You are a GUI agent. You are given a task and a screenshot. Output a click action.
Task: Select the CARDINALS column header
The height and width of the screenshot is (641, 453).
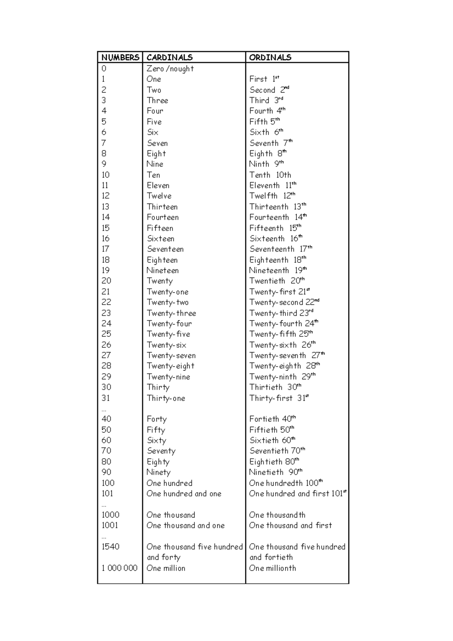coord(169,57)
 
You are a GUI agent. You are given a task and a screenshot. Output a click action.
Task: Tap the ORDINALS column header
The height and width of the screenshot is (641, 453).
coord(270,57)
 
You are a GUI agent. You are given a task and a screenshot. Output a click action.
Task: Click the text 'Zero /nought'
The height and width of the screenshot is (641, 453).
coord(170,69)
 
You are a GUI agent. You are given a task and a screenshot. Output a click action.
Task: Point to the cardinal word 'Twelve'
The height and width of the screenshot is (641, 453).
coord(159,196)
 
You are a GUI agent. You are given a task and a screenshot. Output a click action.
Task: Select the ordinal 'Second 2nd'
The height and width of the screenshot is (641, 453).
coord(269,90)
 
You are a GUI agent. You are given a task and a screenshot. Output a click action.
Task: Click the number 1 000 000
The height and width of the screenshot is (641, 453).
coord(119,568)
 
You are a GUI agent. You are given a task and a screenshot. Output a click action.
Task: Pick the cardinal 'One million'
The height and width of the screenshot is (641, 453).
coord(166,568)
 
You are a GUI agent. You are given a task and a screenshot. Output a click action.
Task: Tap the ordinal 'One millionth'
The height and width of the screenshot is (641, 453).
coord(273,568)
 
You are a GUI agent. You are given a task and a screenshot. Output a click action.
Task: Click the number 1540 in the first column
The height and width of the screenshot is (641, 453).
coord(110,547)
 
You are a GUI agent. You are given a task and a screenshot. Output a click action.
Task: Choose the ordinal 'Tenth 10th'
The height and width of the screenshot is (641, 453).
coord(270,175)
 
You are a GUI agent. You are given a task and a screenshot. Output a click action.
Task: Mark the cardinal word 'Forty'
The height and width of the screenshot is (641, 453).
coord(157,419)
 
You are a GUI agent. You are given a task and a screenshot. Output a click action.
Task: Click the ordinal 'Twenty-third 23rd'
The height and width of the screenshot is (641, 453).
coord(281,313)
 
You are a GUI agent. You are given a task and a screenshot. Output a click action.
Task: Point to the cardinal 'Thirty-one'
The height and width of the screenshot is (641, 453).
coord(166,398)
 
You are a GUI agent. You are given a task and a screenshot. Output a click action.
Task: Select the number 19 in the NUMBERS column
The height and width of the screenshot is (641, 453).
coord(106,270)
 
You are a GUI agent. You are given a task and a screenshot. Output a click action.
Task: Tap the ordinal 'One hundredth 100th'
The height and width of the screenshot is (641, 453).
coord(286,483)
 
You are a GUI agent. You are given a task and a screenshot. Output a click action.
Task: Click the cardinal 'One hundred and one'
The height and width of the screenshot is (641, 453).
coord(184,494)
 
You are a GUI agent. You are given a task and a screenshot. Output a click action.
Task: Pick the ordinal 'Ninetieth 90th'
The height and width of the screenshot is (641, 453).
coord(276,472)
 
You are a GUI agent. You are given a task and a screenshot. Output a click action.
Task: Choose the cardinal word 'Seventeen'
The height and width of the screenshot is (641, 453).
coord(165,249)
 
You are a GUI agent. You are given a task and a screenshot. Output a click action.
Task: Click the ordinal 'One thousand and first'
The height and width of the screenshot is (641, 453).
coord(290,525)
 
